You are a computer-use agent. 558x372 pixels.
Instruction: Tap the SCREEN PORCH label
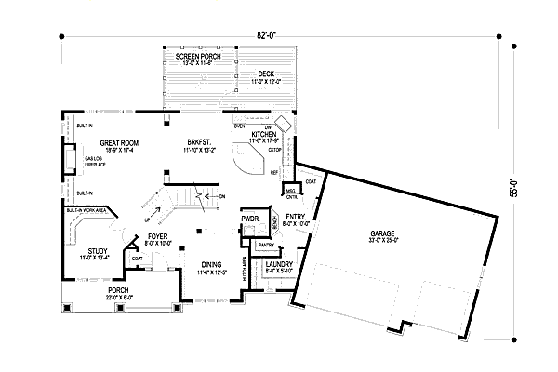196,57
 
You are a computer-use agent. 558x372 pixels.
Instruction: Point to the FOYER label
156,236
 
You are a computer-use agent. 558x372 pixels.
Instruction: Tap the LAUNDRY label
279,265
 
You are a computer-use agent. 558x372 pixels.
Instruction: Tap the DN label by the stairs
221,196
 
